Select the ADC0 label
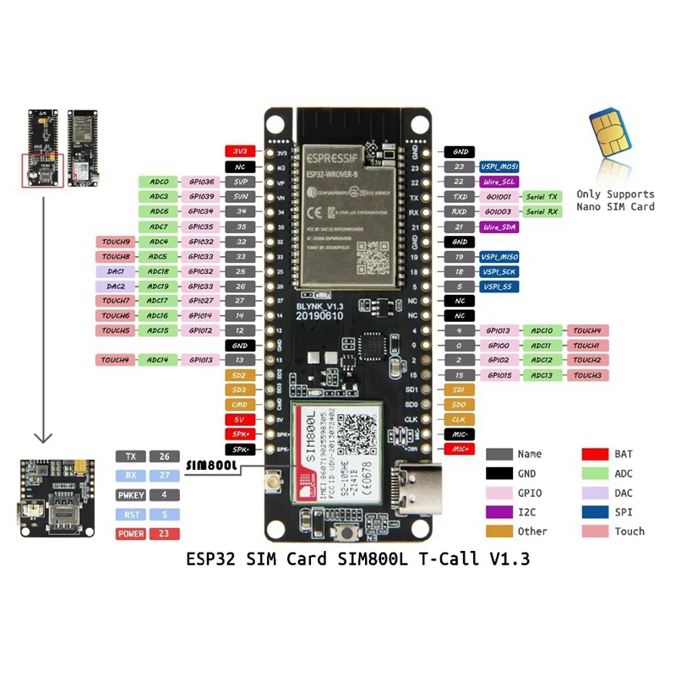click(159, 182)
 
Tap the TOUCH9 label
click(115, 242)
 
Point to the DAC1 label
click(115, 271)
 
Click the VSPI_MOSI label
click(499, 166)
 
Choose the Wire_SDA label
click(499, 226)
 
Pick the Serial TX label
click(542, 196)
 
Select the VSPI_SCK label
click(499, 271)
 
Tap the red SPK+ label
click(237, 433)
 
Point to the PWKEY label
click(130, 494)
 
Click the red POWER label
click(130, 533)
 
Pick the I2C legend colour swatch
click(499, 512)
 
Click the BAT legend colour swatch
click(595, 455)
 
